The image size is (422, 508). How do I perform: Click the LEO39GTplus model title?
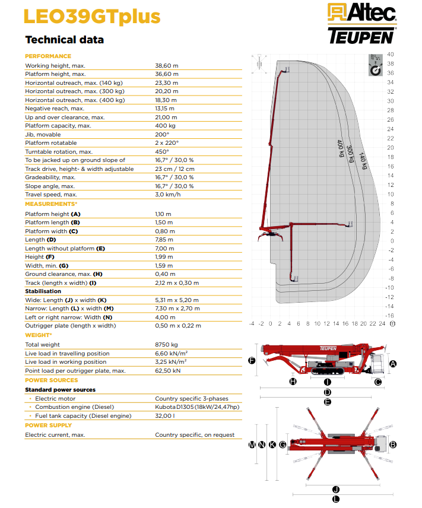coord(92,17)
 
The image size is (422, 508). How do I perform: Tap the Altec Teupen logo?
coord(362,23)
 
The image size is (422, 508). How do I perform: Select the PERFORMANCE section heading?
coord(48,56)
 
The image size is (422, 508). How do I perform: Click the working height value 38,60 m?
coord(167,65)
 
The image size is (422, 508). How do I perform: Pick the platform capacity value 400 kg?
coord(165,126)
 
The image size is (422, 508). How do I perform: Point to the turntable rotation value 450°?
coord(161,151)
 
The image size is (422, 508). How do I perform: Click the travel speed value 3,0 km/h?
coord(167,195)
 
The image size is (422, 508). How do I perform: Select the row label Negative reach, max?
coord(55,109)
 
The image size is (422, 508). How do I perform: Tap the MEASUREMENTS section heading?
coord(51,204)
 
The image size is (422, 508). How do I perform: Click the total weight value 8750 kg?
coord(166,345)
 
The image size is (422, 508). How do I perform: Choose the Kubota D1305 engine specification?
coord(197,407)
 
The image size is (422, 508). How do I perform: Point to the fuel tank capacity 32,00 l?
coord(164,415)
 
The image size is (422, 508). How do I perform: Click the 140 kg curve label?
coord(363,161)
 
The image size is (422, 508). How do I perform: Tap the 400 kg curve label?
coord(340,148)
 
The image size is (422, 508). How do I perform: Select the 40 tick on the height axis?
coord(391,55)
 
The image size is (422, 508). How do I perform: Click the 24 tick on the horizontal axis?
coord(382,323)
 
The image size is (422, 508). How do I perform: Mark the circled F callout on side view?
coord(252,361)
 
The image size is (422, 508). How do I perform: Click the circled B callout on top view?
coord(392,444)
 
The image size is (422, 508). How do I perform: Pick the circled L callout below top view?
coord(336,499)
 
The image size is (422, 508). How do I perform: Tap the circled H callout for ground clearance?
coord(293,382)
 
